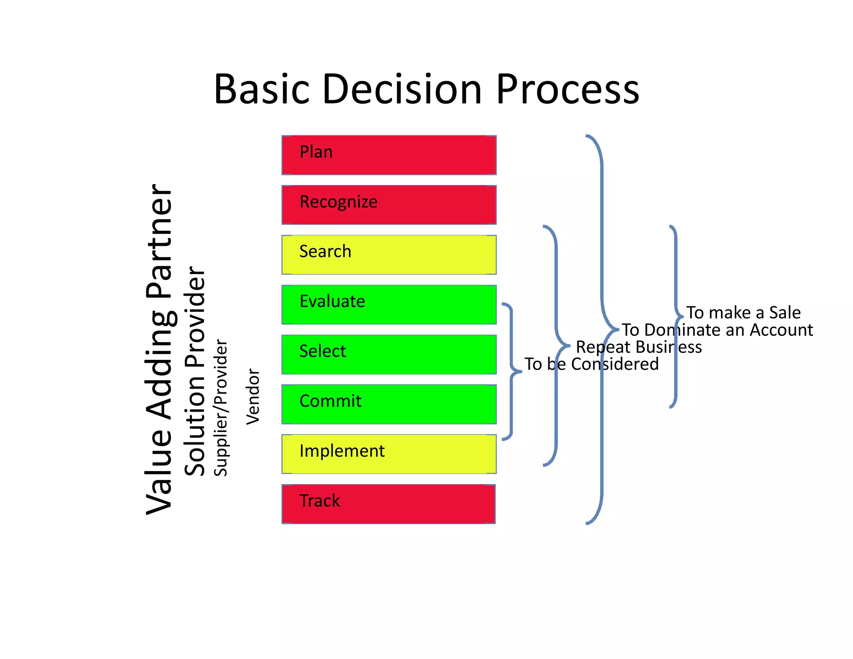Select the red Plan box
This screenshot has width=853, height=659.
pos(389,155)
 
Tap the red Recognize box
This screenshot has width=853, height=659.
pos(389,205)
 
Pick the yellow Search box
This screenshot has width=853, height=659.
pos(389,255)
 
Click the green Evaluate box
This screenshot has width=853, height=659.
pos(389,305)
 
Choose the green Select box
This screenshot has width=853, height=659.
pos(389,354)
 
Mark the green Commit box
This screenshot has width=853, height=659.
pos(389,404)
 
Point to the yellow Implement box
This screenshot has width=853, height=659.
pos(389,454)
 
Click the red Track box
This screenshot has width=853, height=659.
pos(389,504)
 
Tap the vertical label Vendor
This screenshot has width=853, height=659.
pos(253,397)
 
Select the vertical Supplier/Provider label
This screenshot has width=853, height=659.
pos(220,407)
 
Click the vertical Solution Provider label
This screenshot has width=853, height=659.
pos(195,371)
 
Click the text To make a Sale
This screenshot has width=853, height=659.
pos(743,312)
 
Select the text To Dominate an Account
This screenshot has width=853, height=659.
pos(717,330)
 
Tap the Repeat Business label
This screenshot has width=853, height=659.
pos(639,347)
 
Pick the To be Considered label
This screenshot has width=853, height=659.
pos(591,364)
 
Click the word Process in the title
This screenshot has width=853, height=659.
pos(567,89)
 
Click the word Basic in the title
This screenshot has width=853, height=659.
pos(262,89)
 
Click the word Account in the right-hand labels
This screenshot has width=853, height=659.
pos(781,330)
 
